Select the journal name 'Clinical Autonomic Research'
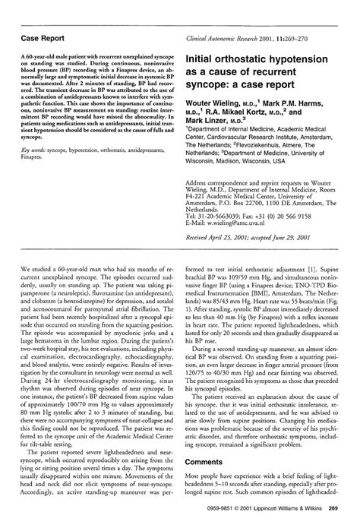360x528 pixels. (x=231, y=37)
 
